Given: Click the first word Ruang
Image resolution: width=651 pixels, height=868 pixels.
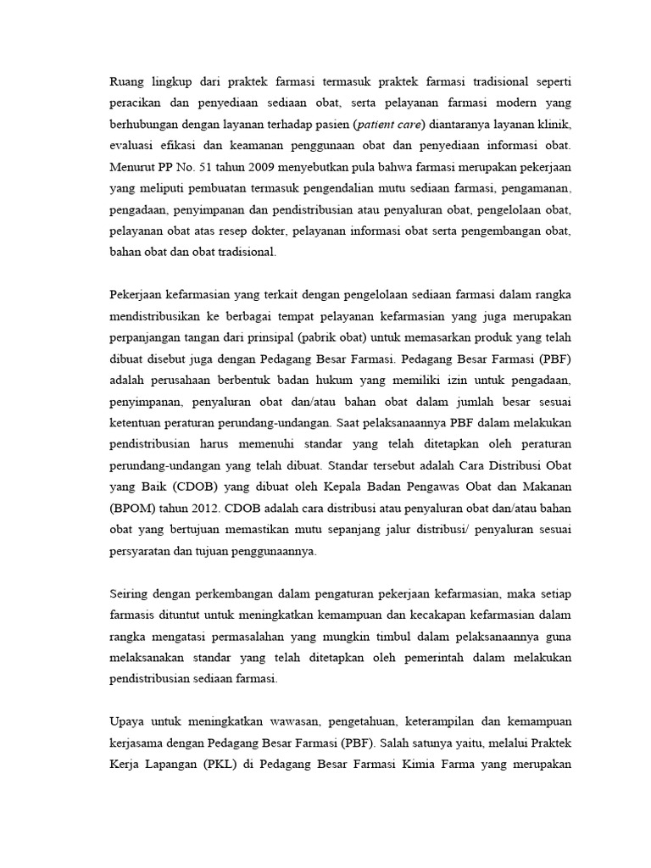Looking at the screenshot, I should pos(129,82).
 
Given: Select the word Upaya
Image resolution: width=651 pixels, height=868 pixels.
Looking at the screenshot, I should pos(129,722).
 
